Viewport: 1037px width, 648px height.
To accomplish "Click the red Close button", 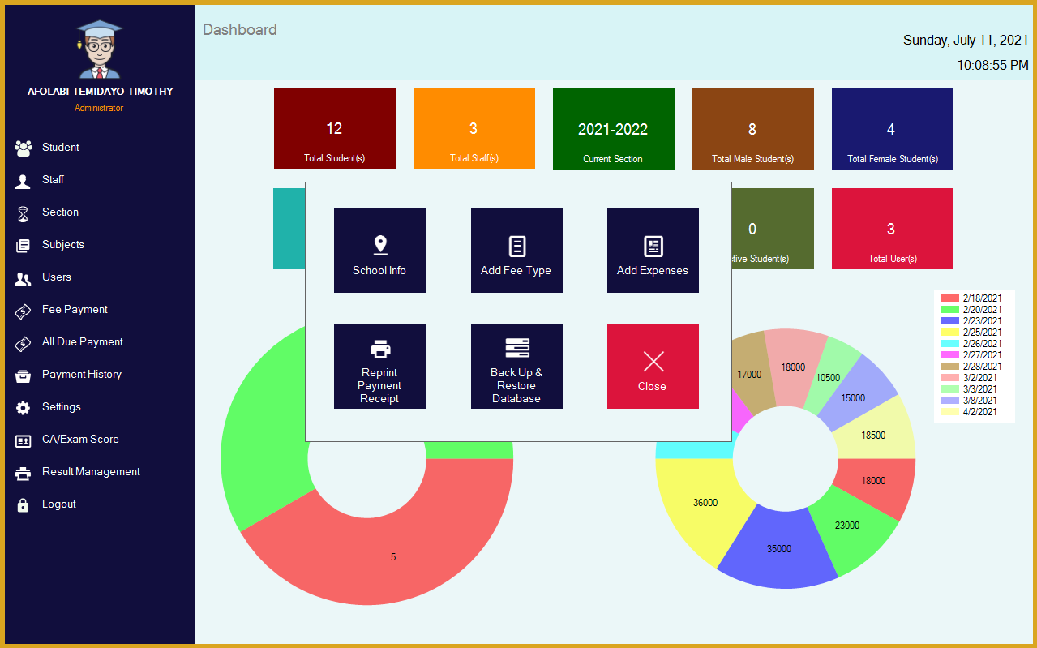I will [x=653, y=367].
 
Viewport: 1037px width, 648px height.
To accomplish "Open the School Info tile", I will [x=379, y=251].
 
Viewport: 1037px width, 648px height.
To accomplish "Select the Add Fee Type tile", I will [x=516, y=251].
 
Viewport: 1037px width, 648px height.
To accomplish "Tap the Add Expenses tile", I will [x=653, y=251].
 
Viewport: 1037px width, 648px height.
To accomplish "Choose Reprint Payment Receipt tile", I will [x=379, y=367].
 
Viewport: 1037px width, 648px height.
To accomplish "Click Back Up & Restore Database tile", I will [x=516, y=367].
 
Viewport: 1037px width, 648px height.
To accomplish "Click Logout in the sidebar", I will [x=58, y=504].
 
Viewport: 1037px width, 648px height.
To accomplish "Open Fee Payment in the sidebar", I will [x=75, y=310].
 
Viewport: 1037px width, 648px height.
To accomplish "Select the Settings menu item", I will [x=62, y=407].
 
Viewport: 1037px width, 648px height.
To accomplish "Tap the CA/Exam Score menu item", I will [x=80, y=440].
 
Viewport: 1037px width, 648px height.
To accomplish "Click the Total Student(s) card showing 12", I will [x=335, y=128].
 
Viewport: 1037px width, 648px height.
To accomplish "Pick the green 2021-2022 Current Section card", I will [x=614, y=129].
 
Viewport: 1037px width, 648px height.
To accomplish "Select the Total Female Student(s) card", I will [x=893, y=129].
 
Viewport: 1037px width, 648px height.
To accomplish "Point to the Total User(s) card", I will [x=893, y=229].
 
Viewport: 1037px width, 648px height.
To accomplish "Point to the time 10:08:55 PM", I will [x=992, y=65].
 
